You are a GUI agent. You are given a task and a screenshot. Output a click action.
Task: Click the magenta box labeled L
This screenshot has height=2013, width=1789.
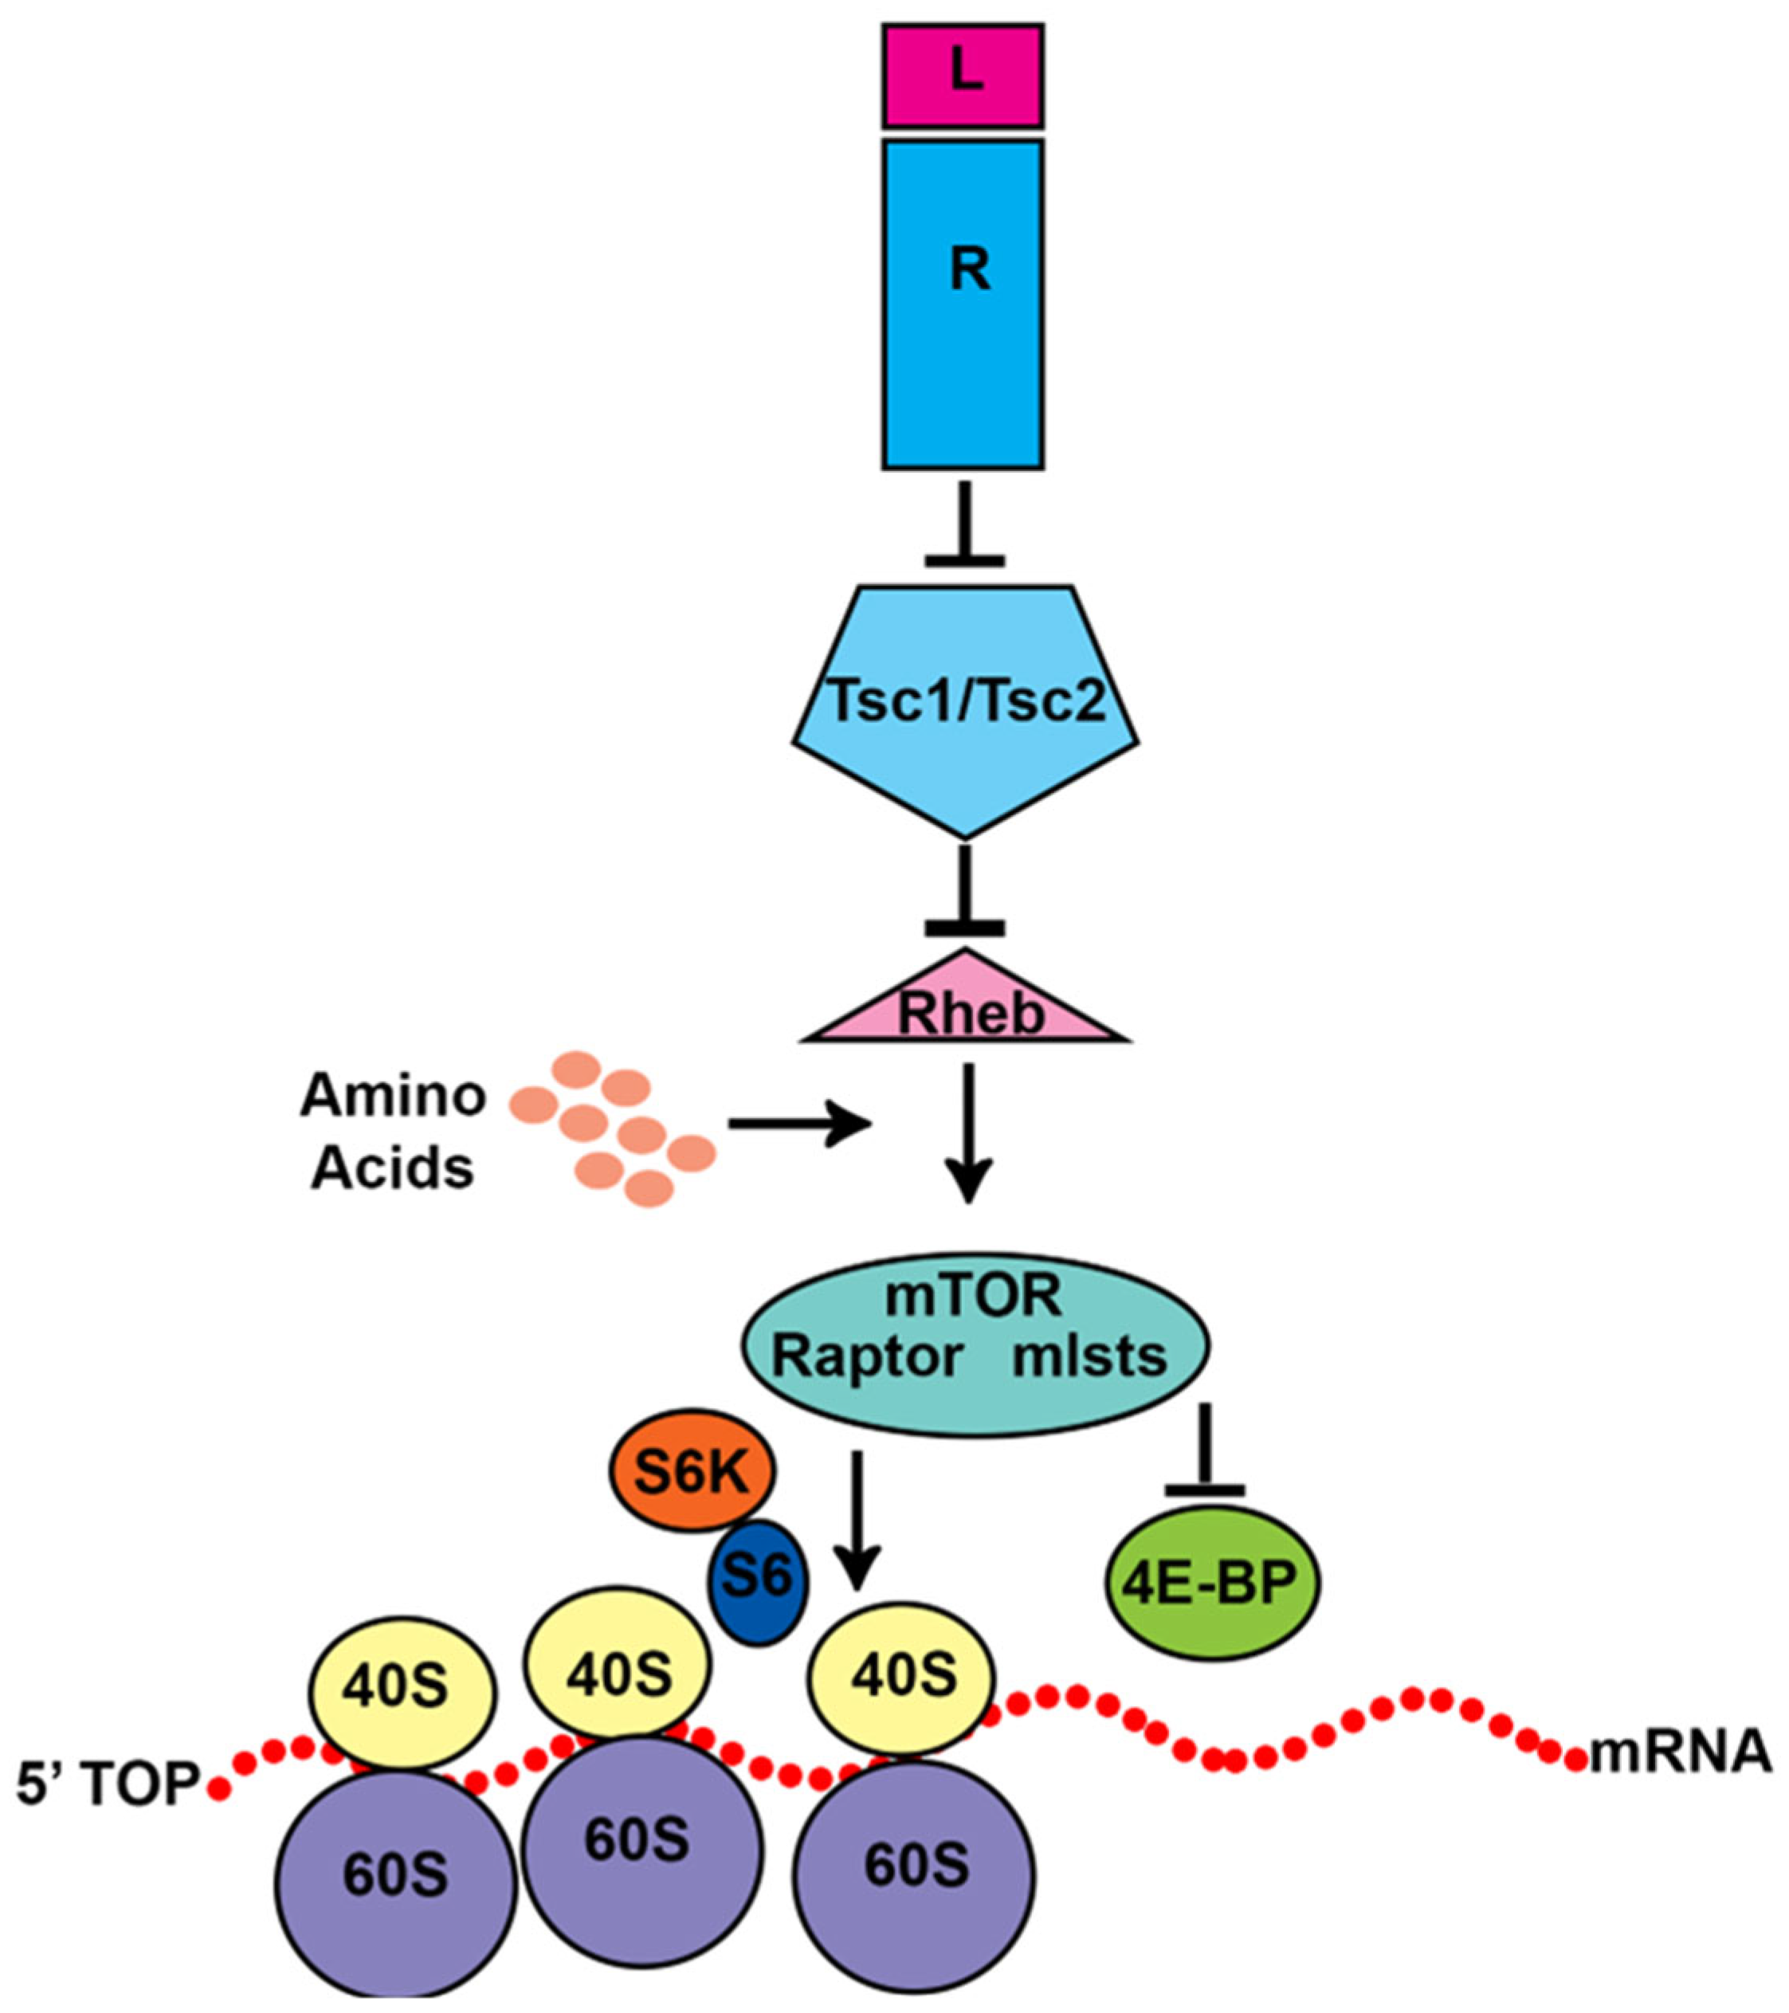962,76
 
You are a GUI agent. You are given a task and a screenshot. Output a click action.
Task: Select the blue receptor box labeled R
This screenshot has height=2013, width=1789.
962,304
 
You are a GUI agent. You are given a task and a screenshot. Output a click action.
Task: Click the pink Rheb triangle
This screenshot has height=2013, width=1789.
966,1005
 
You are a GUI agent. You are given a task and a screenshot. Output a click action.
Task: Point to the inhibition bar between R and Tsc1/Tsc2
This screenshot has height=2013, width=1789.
965,527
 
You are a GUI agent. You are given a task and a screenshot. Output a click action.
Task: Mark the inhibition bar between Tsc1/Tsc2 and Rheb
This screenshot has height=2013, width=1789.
965,891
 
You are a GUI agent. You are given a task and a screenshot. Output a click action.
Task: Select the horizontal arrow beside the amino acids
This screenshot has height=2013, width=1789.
799,1124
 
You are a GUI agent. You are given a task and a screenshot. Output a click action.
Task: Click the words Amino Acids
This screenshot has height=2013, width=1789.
393,1132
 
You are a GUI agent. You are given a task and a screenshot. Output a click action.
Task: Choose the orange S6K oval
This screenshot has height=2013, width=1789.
692,1473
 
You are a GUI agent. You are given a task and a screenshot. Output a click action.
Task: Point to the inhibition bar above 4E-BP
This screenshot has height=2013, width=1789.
1205,1453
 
